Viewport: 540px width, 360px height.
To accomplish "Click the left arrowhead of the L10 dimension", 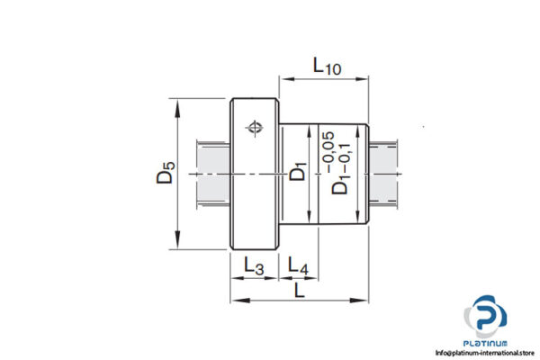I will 285,78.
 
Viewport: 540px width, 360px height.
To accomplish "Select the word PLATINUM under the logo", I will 486,343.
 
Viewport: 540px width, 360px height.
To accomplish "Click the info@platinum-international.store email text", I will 486,353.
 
